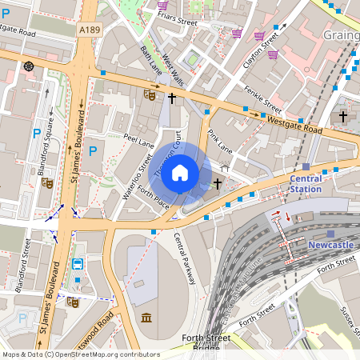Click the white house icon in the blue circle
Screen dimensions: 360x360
point(180,172)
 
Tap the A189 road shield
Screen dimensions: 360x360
point(90,29)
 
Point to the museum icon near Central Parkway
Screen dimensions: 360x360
point(146,318)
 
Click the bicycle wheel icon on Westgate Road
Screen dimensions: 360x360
point(30,66)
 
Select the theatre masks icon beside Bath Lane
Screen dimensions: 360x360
point(149,94)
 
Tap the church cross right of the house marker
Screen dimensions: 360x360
point(218,184)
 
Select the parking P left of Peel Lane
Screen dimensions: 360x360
point(92,150)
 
